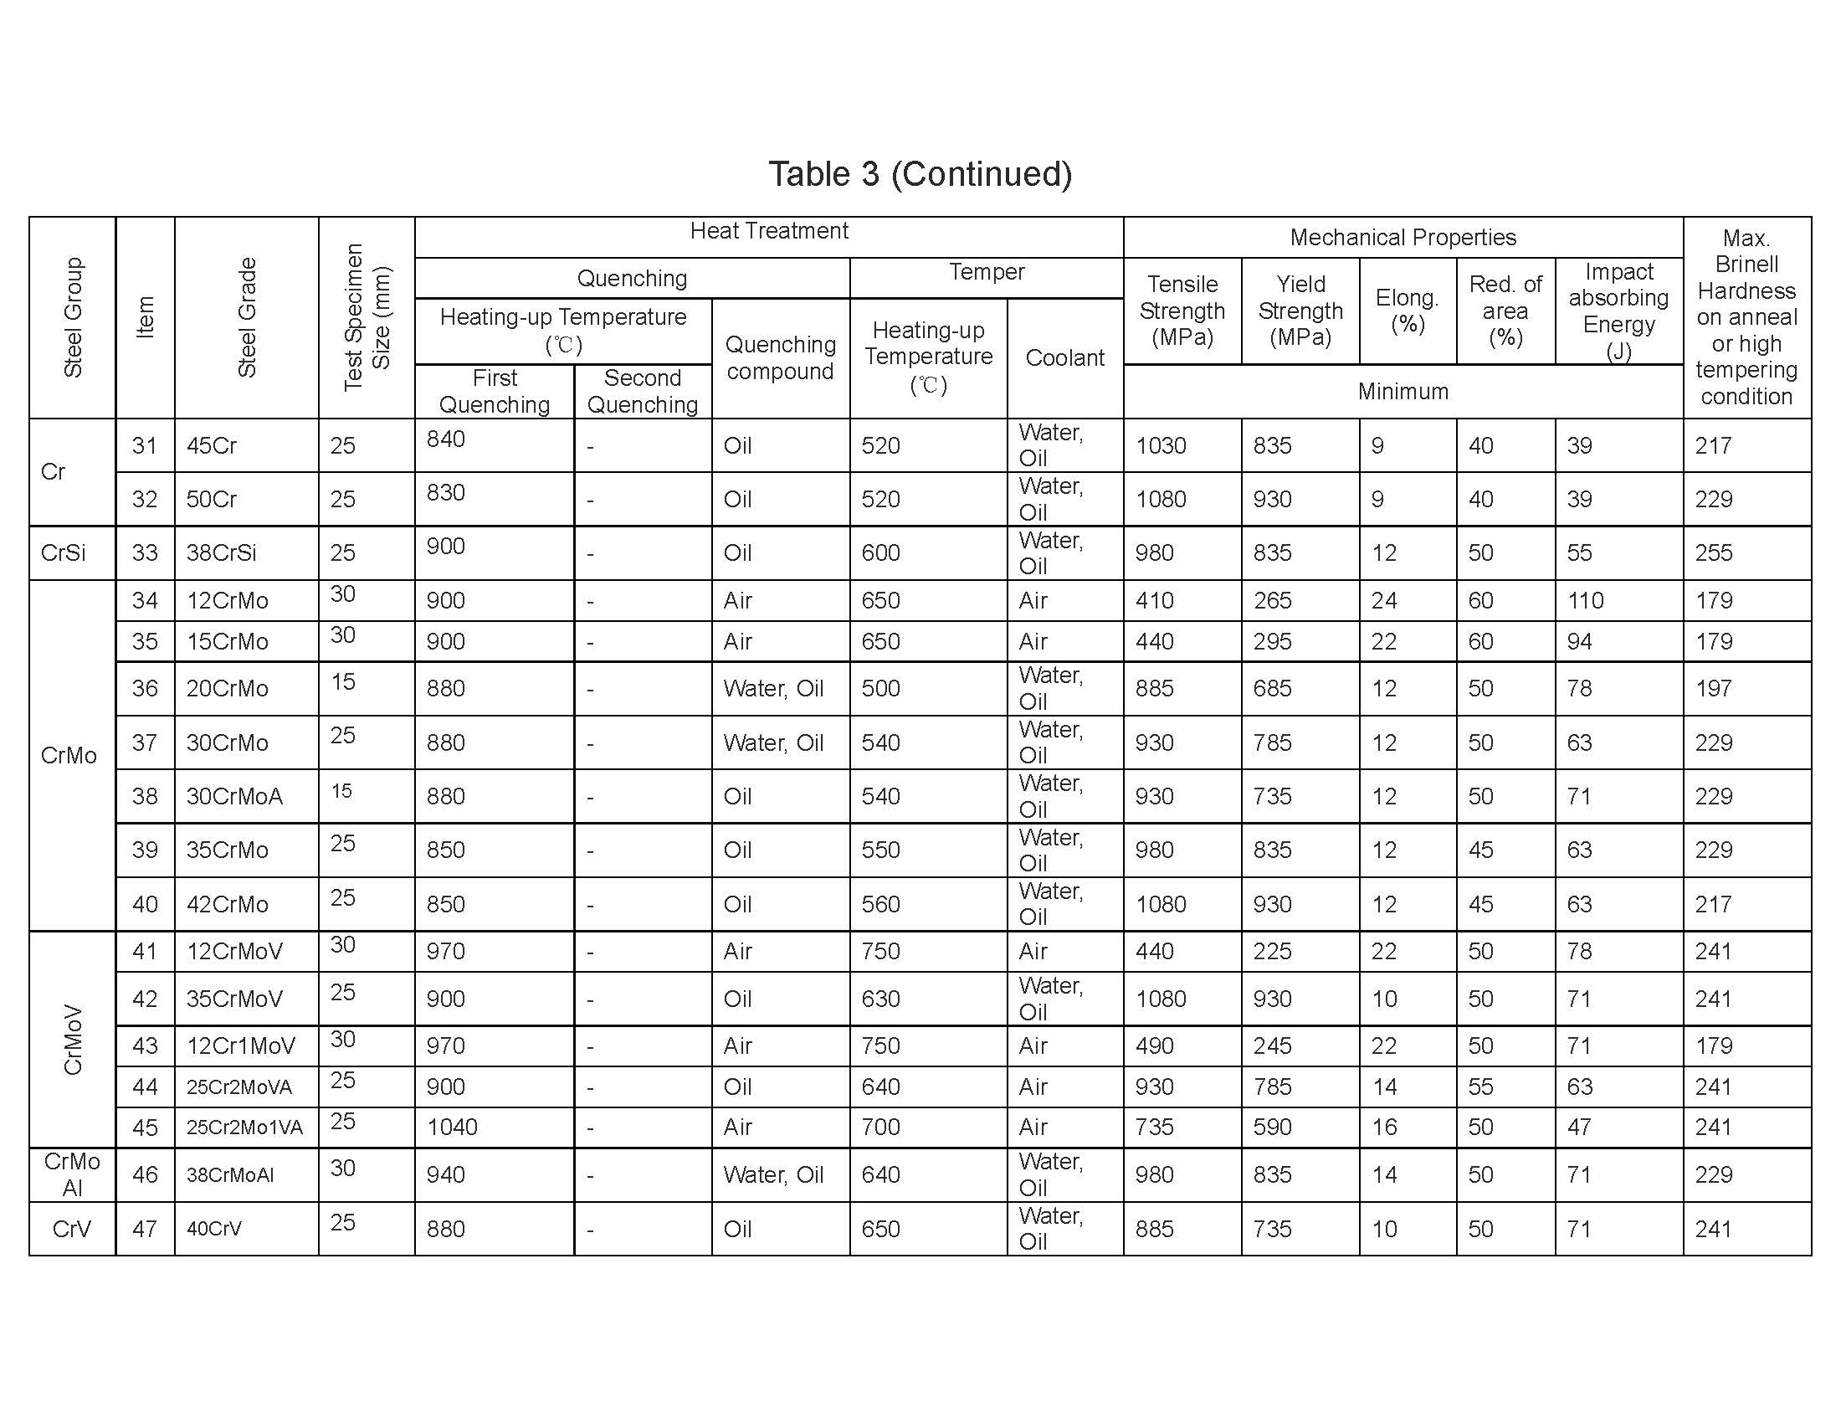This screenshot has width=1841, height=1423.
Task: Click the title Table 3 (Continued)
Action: tap(920, 173)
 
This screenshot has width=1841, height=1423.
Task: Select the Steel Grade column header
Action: tap(246, 317)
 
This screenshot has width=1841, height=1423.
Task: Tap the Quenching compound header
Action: tap(781, 357)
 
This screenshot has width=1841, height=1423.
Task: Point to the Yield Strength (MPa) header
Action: tap(1300, 311)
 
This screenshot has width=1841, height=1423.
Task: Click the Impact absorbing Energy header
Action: tap(1618, 311)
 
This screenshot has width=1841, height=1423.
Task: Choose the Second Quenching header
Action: tap(643, 391)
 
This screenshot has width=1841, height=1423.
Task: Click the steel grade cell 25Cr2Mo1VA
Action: tap(244, 1128)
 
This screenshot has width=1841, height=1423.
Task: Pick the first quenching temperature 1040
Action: tap(452, 1128)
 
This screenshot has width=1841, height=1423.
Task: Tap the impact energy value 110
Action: tap(1585, 600)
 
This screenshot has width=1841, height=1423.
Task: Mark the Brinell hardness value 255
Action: tap(1714, 553)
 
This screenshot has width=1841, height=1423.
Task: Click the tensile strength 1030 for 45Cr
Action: tap(1161, 445)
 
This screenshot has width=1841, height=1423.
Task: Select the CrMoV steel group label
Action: tap(74, 1040)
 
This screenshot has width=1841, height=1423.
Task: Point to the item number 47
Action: tap(145, 1228)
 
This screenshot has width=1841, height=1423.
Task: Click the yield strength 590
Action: tap(1272, 1128)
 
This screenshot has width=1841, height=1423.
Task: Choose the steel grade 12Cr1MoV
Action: tap(241, 1046)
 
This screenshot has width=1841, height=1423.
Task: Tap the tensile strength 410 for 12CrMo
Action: tap(1154, 600)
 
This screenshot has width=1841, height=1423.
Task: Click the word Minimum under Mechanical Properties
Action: tap(1403, 391)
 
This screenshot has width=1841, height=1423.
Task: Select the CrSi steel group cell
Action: tap(64, 553)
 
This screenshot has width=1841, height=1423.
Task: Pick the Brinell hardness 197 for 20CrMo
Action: tap(1714, 688)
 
